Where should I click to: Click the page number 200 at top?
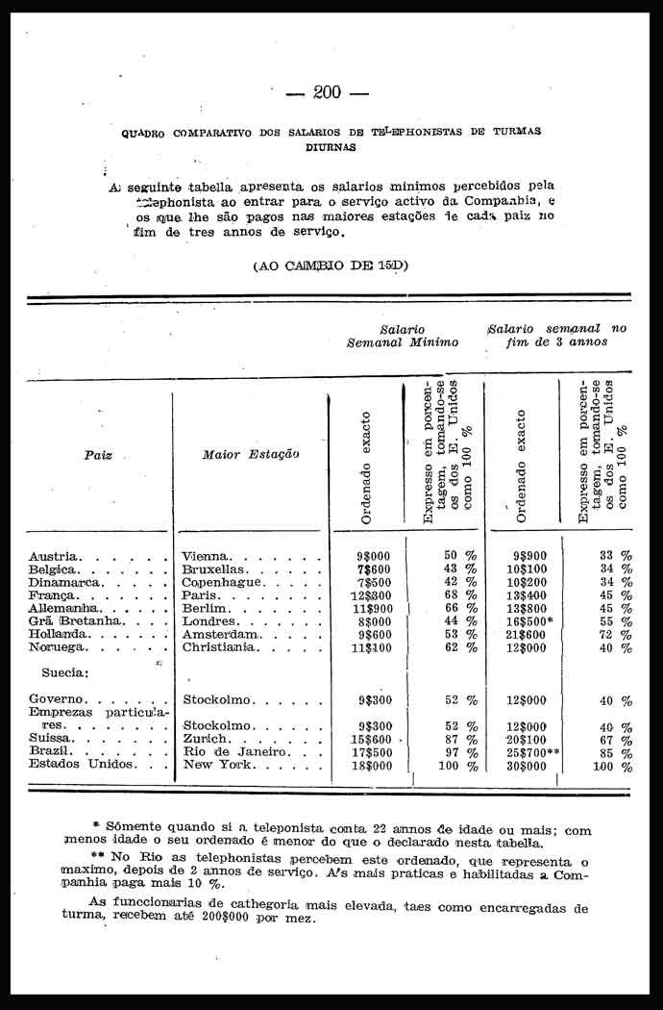pos(327,92)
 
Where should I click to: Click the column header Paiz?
pos(98,455)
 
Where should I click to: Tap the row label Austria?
pos(55,556)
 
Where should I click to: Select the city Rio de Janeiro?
pos(233,752)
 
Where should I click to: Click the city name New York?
pos(217,766)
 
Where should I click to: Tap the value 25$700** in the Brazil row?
pos(532,752)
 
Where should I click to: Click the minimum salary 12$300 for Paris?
pos(372,595)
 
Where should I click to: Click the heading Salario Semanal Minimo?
pos(403,336)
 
